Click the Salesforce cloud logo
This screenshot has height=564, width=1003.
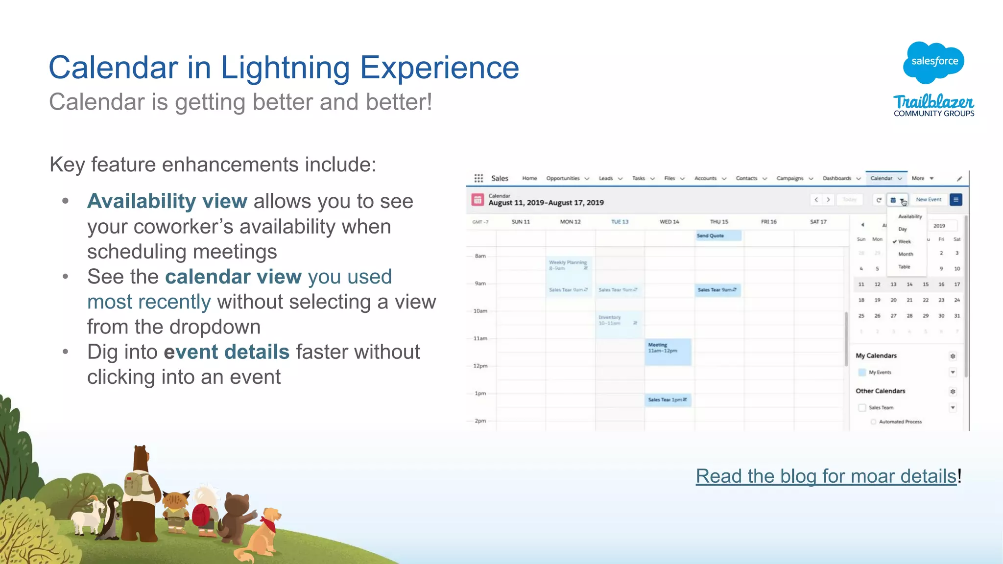(x=933, y=62)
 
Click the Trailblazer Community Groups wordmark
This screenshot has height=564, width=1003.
(x=933, y=106)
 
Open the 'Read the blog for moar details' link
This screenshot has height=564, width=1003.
(x=826, y=476)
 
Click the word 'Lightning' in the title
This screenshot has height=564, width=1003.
(x=285, y=67)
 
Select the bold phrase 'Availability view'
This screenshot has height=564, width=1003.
(x=167, y=201)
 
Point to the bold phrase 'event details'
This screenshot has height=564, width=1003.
(x=226, y=352)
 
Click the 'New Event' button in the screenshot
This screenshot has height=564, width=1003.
(x=928, y=200)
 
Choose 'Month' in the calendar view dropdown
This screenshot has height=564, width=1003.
(x=906, y=254)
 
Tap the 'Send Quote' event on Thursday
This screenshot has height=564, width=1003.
(x=717, y=236)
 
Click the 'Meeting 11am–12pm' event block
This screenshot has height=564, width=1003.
(x=668, y=351)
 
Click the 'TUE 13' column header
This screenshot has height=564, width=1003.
(x=620, y=222)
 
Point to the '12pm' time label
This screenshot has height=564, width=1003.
(x=480, y=366)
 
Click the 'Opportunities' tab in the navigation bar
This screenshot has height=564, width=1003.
(x=563, y=178)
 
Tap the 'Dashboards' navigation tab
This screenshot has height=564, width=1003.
(x=836, y=178)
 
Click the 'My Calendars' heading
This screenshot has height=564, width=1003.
(x=876, y=356)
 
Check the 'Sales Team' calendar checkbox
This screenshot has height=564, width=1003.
(x=862, y=408)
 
